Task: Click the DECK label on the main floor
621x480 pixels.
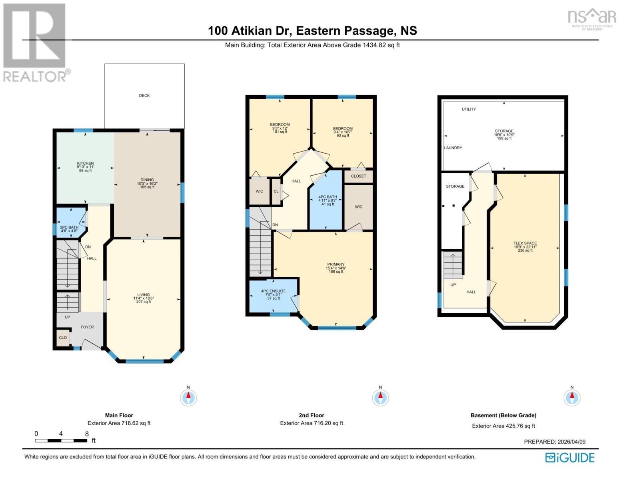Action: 144,96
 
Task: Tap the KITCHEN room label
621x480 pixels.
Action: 85,164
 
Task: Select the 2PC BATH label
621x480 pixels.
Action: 69,228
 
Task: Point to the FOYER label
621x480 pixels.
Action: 87,327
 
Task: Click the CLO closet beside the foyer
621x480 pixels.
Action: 63,338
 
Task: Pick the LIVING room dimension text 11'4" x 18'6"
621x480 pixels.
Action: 144,298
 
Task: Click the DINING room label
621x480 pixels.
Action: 147,180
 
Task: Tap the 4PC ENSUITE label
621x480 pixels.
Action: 274,291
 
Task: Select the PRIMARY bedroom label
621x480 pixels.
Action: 336,264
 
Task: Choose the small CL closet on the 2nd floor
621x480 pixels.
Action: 276,192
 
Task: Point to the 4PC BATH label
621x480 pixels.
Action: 327,197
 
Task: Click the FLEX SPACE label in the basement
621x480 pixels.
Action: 525,243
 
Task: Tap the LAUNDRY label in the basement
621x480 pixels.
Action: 453,148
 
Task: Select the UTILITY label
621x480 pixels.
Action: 469,109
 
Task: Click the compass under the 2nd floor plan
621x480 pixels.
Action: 380,398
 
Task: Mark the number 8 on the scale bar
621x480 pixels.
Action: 87,434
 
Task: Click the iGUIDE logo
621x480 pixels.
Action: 570,458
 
